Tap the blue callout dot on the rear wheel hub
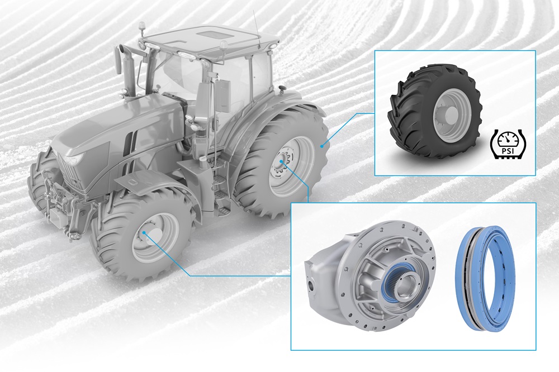click(281, 163)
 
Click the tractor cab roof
click(207, 39)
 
